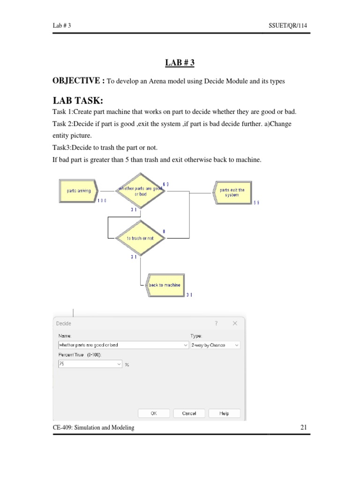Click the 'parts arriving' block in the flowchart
(78, 191)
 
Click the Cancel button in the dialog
(189, 413)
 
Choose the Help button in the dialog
(224, 413)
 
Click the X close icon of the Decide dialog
(234, 323)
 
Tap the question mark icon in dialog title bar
(216, 323)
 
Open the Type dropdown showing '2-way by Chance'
(215, 345)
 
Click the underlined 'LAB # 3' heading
(180, 62)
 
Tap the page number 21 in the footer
(303, 427)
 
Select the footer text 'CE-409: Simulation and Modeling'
(93, 427)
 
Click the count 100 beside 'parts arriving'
(102, 201)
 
